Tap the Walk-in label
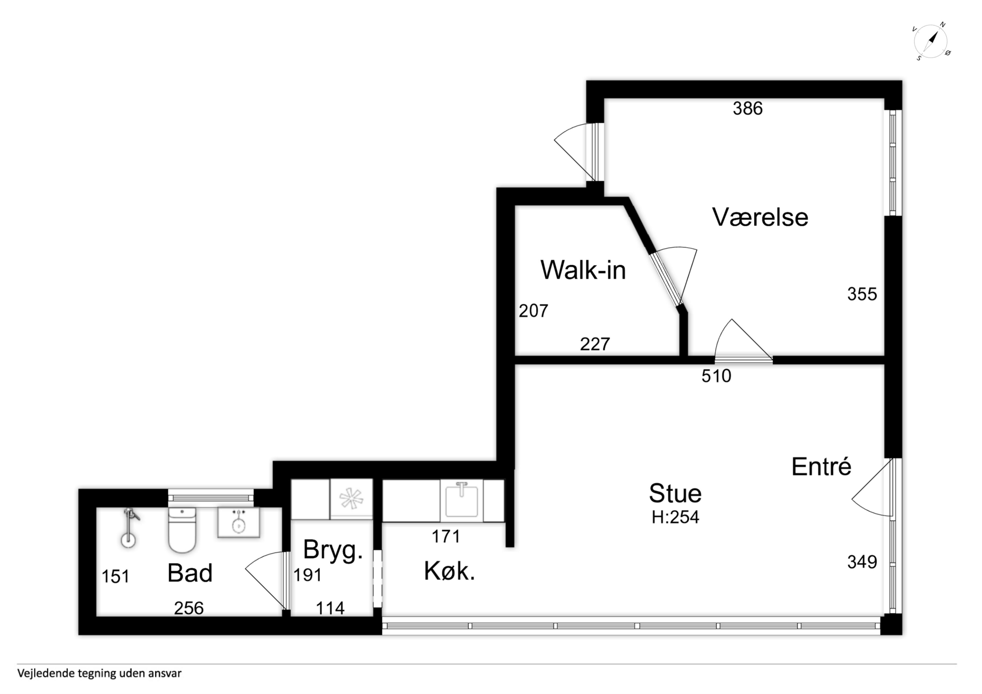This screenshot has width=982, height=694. [583, 270]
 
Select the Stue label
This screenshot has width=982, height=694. [675, 494]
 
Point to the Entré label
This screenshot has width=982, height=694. [821, 467]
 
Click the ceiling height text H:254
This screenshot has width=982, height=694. [675, 517]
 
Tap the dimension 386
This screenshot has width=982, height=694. [748, 109]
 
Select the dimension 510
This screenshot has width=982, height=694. [716, 376]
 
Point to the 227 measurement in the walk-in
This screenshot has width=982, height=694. [595, 344]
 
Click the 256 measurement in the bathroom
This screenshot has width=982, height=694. [189, 608]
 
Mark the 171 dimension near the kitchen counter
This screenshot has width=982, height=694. [446, 536]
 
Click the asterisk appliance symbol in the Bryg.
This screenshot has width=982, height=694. [351, 499]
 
